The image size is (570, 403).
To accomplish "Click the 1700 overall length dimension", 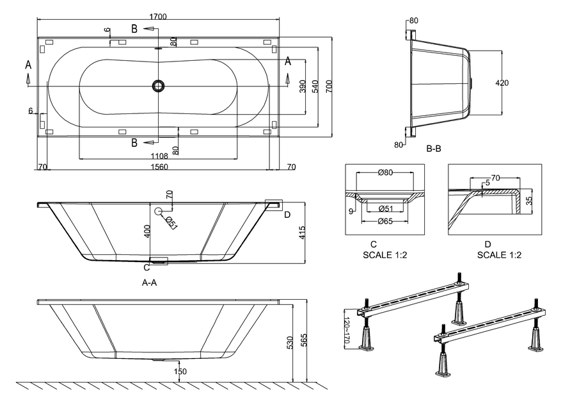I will (x=159, y=16).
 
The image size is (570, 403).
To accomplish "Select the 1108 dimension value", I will (x=159, y=156).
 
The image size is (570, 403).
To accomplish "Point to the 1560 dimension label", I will (x=159, y=167).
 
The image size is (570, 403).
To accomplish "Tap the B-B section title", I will (x=434, y=149).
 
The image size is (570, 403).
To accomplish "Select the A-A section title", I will (x=150, y=282).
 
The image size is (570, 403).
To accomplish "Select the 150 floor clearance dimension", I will (x=182, y=372).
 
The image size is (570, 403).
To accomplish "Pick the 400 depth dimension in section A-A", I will (x=147, y=232).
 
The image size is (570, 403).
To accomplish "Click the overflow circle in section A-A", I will (x=158, y=211).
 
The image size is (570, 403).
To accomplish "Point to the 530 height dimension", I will (x=291, y=343).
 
